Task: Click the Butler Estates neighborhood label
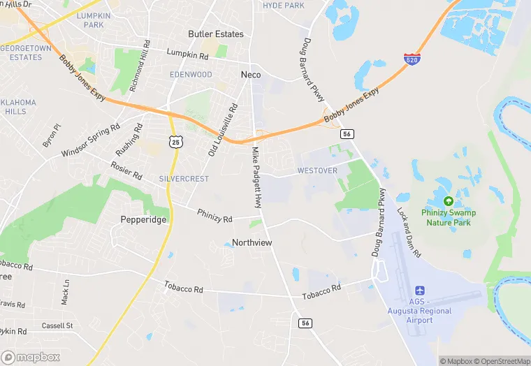coord(216,34)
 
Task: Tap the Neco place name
coord(250,74)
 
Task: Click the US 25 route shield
coord(175,142)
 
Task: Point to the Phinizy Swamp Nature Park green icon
coord(448,200)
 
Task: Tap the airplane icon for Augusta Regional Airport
coord(420,291)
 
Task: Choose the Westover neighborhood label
coord(317,170)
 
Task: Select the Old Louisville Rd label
coord(224,130)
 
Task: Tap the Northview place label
coord(252,242)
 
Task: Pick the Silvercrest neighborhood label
coord(184,179)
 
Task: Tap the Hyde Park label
coord(284,6)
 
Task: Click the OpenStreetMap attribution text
coord(502,361)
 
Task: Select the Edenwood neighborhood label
coord(191,74)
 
